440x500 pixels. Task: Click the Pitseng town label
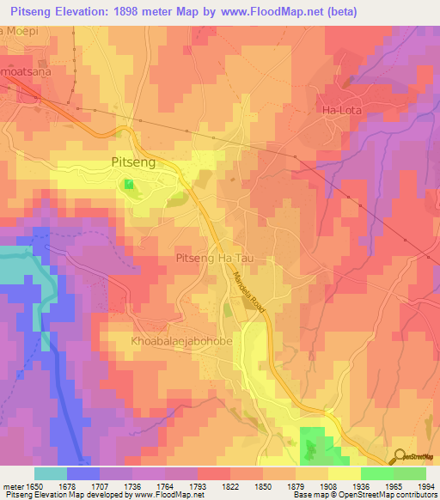pyautogui.click(x=135, y=162)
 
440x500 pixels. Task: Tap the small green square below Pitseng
pyautogui.click(x=129, y=184)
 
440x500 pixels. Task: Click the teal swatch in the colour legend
pyautogui.click(x=50, y=473)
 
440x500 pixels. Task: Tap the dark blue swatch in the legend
pyautogui.click(x=82, y=473)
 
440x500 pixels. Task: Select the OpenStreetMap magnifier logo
pyautogui.click(x=399, y=457)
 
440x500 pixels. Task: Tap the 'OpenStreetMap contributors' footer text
pyautogui.click(x=388, y=496)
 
